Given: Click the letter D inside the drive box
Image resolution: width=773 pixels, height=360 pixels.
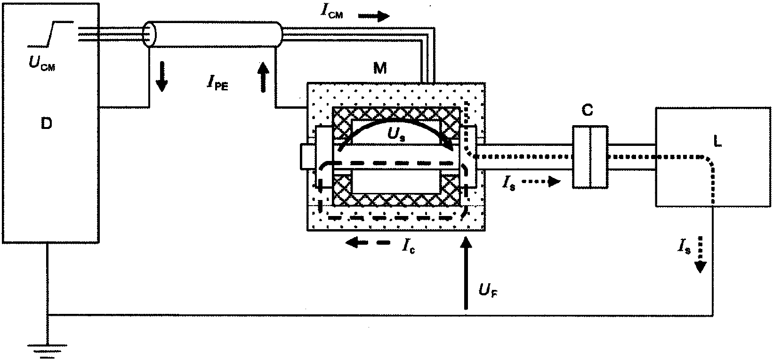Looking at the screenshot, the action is pos(46,123).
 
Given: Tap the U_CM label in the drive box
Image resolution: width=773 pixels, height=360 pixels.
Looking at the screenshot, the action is pos(42,63).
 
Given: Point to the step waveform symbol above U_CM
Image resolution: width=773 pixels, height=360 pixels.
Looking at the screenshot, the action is pos(50,33).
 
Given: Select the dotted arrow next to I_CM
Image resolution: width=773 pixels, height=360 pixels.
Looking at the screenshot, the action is pos(374,16).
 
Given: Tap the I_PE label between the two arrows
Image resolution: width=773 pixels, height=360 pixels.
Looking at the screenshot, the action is pos(218,83).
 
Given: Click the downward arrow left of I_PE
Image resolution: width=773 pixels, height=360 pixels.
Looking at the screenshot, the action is pos(161,77).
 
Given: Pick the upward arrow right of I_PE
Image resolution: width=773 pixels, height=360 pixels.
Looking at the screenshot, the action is pos(264,77).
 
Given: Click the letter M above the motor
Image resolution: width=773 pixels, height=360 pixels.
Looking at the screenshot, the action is pos(379,68).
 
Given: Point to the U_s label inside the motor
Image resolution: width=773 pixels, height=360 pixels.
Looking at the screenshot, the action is pos(396,135).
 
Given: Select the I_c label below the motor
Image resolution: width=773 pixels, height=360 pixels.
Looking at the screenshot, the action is pos(408,246).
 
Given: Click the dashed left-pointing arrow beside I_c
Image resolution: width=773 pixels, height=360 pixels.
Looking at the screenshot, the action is pos(368,243).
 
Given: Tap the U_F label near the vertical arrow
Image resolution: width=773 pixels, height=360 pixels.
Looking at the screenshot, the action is pos(488,291).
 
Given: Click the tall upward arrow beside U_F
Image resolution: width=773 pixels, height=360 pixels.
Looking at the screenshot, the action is pos(466,273).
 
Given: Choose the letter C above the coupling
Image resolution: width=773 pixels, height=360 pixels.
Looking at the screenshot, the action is pos(588,110).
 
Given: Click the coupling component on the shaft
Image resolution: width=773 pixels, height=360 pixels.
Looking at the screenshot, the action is pos(590,157).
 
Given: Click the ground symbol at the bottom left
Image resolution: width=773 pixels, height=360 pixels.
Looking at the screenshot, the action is pos(47,351).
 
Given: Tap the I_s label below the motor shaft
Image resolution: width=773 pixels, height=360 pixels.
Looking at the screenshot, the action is pos(508,183).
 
